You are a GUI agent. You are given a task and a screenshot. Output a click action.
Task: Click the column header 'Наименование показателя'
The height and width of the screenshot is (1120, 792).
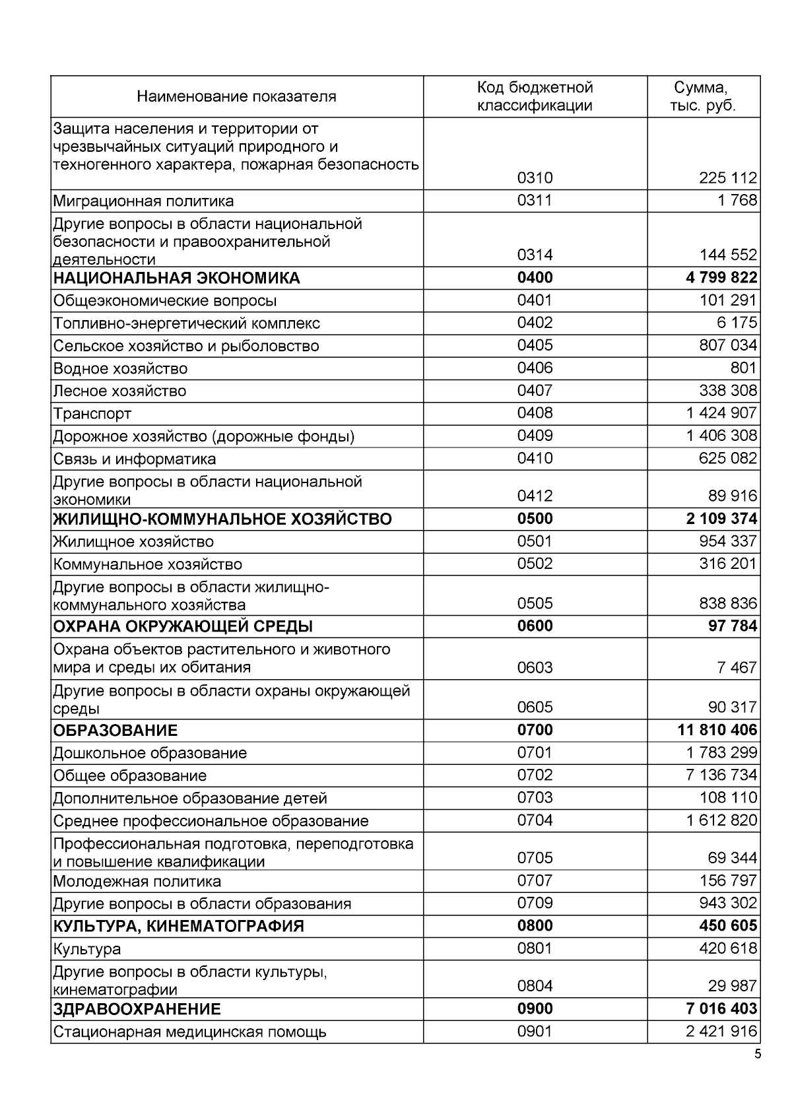point(236,97)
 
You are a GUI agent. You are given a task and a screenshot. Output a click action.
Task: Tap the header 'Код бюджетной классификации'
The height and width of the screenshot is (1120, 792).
point(535,96)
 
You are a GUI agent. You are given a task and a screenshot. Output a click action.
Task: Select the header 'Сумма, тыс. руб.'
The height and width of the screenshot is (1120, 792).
point(702,96)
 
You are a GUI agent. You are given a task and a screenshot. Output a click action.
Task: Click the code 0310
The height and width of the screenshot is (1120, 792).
point(535,178)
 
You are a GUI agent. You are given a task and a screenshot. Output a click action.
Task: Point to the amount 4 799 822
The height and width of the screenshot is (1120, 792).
point(721,278)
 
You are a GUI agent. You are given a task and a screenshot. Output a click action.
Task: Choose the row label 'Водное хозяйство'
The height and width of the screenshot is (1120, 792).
point(120,369)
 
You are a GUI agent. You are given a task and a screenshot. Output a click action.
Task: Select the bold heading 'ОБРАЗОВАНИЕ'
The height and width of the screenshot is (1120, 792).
point(115,731)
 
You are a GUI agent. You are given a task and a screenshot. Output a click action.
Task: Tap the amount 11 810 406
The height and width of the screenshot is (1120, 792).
point(717,730)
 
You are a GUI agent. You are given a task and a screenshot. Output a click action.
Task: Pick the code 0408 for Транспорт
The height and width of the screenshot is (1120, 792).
point(535,413)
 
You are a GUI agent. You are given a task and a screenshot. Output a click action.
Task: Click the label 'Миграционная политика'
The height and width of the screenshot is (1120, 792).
point(143,201)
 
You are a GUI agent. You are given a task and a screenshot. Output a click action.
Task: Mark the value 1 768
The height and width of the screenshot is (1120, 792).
point(738,201)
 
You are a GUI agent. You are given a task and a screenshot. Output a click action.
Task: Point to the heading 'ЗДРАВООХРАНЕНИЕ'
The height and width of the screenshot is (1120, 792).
point(137,1009)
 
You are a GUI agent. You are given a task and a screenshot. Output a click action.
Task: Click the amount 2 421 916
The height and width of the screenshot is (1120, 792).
point(721,1032)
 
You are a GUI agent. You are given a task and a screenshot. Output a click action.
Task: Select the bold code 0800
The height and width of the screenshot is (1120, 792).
point(535,926)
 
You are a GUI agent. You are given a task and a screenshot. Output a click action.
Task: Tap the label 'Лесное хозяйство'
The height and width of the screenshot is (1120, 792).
point(119,391)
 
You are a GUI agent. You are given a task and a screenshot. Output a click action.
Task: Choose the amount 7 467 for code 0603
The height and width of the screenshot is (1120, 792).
point(737,667)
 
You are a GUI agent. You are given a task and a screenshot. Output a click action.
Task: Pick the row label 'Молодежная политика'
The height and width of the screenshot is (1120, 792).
point(137,882)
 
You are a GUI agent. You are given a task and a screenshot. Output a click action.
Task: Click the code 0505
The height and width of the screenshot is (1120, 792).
point(535,603)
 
